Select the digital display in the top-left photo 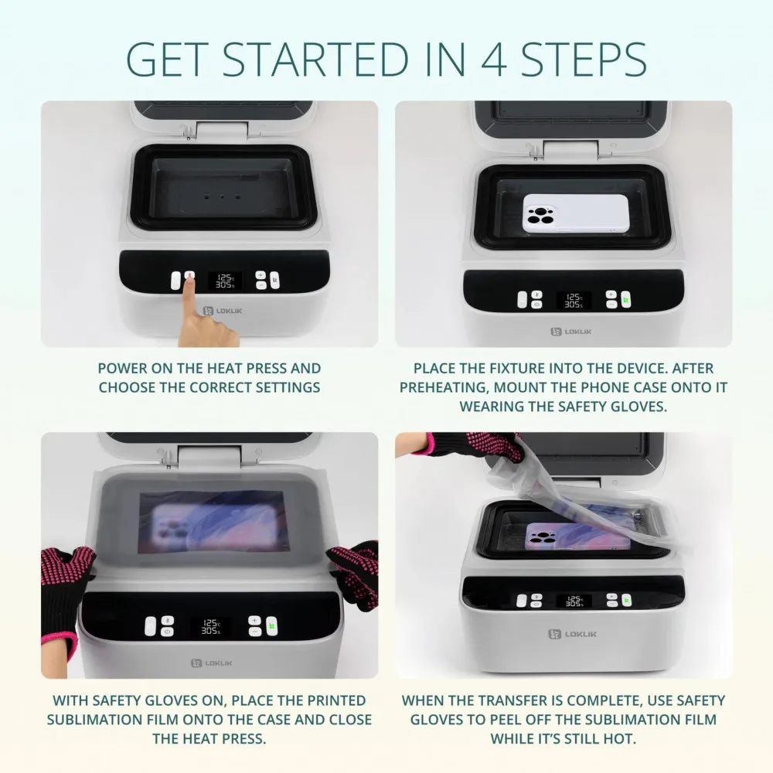[x=224, y=280]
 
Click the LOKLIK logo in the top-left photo [x=220, y=311]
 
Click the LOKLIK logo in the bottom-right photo [x=572, y=634]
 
